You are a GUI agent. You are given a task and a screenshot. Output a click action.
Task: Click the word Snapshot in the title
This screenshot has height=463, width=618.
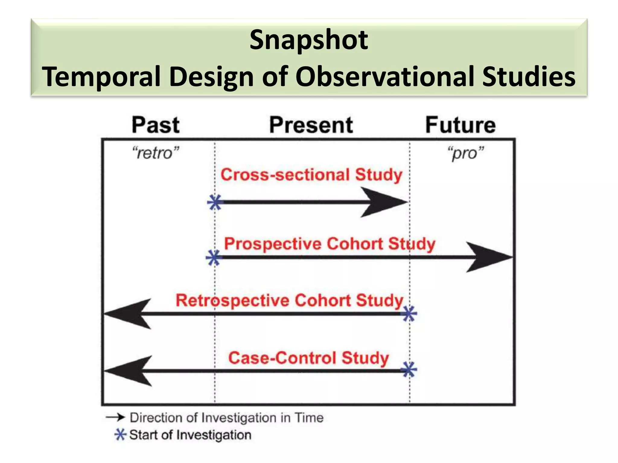pyautogui.click(x=309, y=40)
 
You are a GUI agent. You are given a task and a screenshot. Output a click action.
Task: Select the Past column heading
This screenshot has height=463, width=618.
pyautogui.click(x=156, y=125)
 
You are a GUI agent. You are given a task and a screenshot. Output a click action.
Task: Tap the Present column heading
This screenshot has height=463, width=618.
pyautogui.click(x=311, y=125)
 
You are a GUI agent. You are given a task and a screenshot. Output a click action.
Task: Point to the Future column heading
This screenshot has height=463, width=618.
pyautogui.click(x=460, y=125)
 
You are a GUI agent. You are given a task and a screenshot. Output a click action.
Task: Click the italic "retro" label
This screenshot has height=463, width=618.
pyautogui.click(x=156, y=153)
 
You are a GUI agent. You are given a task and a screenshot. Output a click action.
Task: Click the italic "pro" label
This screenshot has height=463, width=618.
pyautogui.click(x=466, y=153)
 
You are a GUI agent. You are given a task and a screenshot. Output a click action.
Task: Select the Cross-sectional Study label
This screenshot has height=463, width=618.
pyautogui.click(x=311, y=175)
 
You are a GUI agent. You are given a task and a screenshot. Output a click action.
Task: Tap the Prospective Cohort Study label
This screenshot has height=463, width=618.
pyautogui.click(x=330, y=244)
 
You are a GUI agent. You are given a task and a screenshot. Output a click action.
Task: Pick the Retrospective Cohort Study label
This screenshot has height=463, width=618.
pyautogui.click(x=289, y=301)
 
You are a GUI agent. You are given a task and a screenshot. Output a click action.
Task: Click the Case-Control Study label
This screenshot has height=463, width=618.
pyautogui.click(x=308, y=358)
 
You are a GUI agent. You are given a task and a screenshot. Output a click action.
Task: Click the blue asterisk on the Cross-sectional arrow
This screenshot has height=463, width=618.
pyautogui.click(x=215, y=202)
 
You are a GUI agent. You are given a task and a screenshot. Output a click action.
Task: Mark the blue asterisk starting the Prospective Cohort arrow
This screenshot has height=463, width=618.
pyautogui.click(x=214, y=258)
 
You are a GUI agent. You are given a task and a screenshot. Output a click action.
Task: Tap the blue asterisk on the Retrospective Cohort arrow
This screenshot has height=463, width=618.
pyautogui.click(x=409, y=314)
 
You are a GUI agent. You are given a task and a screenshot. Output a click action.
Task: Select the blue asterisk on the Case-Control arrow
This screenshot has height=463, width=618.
pyautogui.click(x=409, y=370)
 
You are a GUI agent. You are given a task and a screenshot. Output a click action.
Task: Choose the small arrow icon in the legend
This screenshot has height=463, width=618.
pyautogui.click(x=115, y=417)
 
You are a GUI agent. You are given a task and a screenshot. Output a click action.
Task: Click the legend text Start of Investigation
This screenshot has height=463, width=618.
pyautogui.click(x=190, y=435)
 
